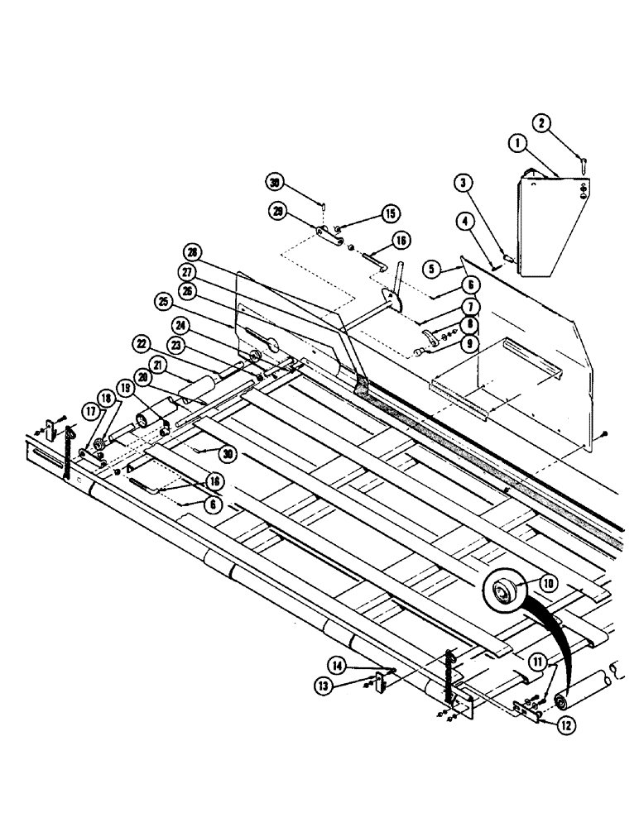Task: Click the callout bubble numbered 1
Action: tap(520, 145)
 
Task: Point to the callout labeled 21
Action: tap(157, 366)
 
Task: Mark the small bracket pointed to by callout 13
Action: tap(382, 683)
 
